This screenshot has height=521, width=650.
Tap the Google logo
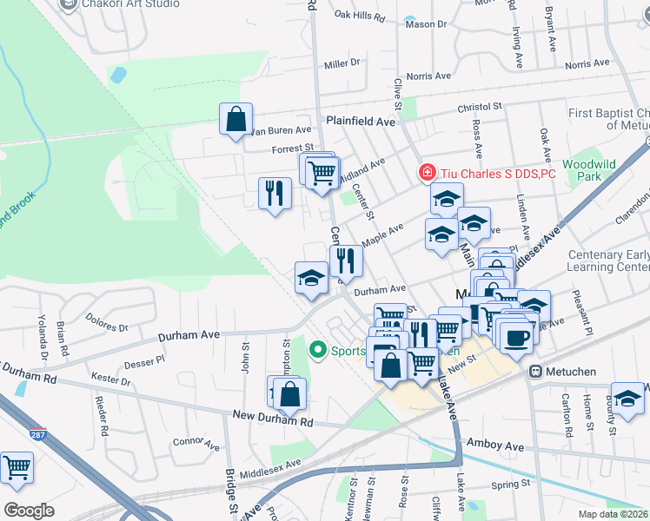coord(29,511)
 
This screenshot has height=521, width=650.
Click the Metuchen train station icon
coord(535,371)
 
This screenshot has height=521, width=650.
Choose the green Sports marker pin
coord(318,351)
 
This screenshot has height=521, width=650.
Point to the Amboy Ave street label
coord(495,445)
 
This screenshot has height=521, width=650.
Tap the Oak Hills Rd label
coord(359,15)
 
